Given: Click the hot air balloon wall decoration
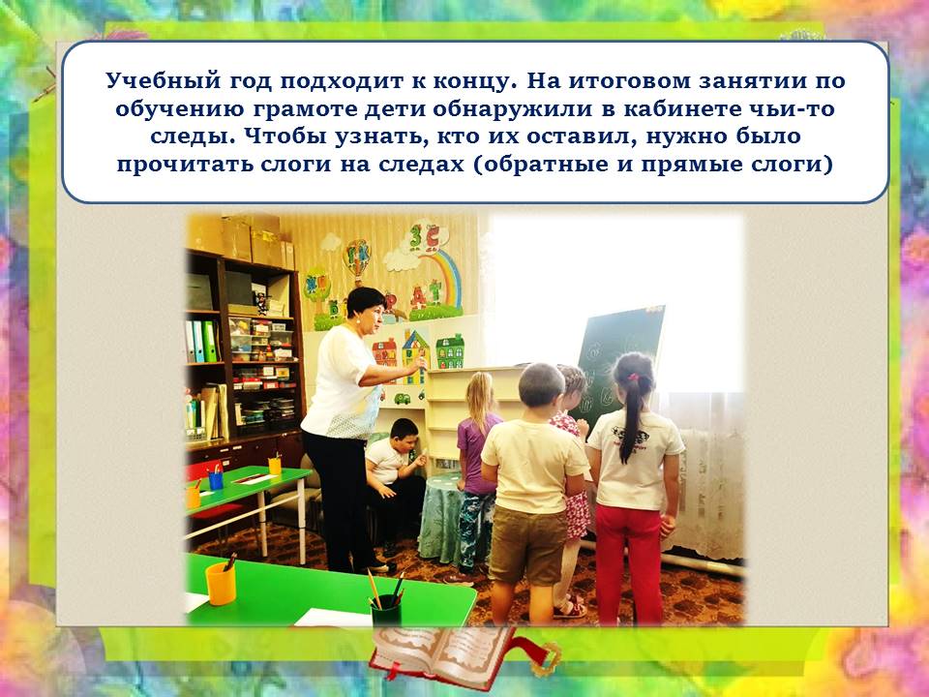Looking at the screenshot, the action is tap(358, 259).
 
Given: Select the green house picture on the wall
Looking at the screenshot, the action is tap(450, 351).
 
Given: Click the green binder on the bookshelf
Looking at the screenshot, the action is tap(209, 341).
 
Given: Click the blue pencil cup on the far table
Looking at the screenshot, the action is tap(216, 479).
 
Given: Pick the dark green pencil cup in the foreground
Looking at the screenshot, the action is tap(386, 611).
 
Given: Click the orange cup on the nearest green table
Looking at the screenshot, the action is tap(221, 584).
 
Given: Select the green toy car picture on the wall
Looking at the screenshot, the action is tap(403, 398).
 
